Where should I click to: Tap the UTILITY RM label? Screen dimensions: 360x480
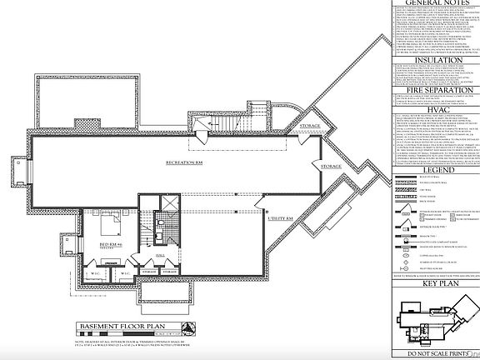pyautogui.click(x=278, y=217)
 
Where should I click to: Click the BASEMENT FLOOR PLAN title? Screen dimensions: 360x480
pyautogui.click(x=122, y=327)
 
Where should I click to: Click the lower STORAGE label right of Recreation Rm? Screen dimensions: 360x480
pyautogui.click(x=331, y=167)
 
